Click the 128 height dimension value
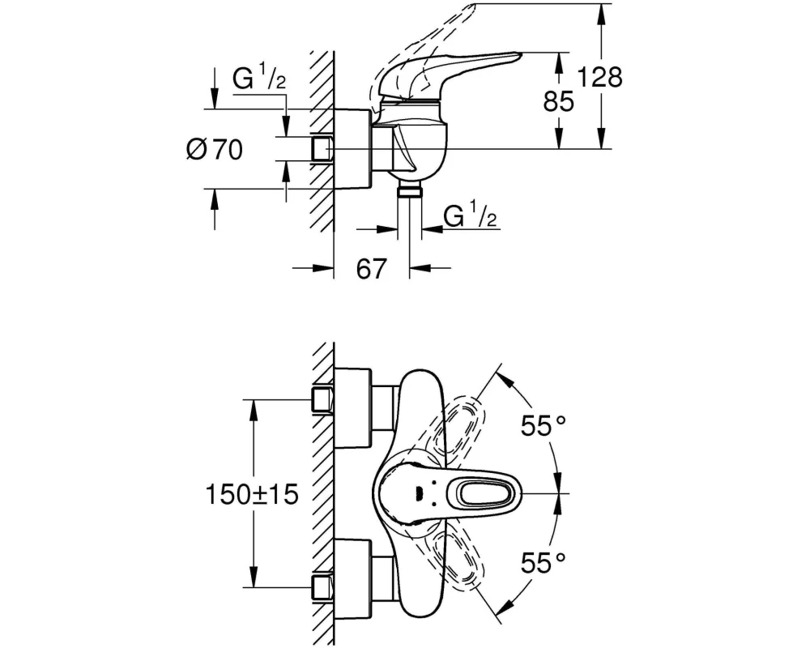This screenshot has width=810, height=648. point(599,77)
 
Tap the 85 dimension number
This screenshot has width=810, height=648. point(558,101)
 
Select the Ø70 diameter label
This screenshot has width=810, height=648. point(215,150)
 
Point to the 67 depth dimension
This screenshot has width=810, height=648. point(372,268)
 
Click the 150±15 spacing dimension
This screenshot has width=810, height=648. point(252,495)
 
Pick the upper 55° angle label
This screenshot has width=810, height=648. point(543,426)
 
